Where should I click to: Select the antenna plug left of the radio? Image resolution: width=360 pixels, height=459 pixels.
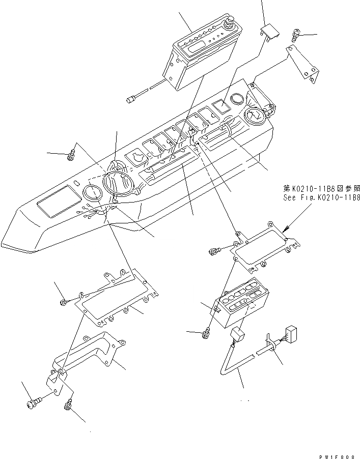(131, 97)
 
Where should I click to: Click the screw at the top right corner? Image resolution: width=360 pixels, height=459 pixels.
(296, 36)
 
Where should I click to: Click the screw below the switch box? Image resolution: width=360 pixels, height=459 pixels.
(207, 334)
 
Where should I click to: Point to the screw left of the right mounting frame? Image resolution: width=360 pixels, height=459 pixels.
(214, 251)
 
